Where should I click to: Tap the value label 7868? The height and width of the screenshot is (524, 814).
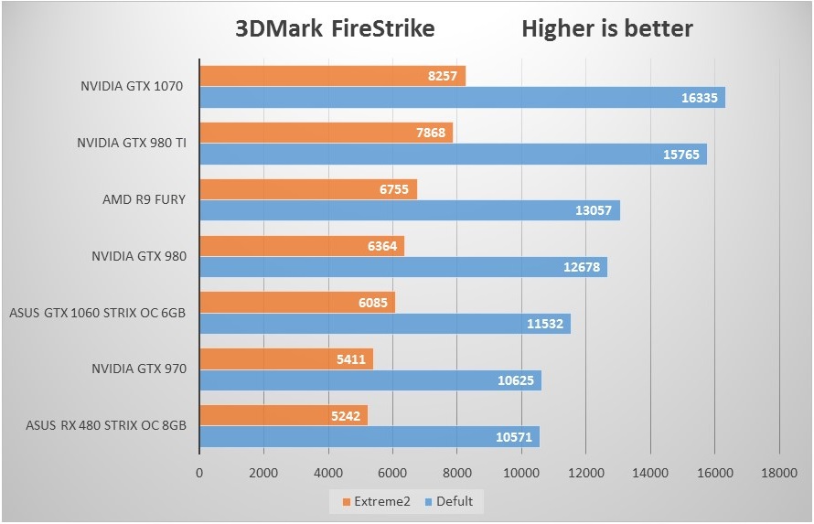pyautogui.click(x=429, y=134)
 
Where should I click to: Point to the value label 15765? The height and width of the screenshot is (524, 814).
pyautogui.click(x=680, y=155)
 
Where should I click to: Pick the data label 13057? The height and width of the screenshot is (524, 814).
pyautogui.click(x=594, y=211)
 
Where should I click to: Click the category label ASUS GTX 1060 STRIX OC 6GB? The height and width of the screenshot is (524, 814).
pyautogui.click(x=98, y=313)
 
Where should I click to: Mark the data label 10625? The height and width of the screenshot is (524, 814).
pyautogui.click(x=516, y=380)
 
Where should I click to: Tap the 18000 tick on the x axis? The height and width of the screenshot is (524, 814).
pyautogui.click(x=778, y=473)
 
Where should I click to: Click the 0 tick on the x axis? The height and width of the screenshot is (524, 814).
pyautogui.click(x=199, y=473)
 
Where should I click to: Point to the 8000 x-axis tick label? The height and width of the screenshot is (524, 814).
pyautogui.click(x=456, y=473)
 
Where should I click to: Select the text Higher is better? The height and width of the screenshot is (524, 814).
pyautogui.click(x=607, y=28)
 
